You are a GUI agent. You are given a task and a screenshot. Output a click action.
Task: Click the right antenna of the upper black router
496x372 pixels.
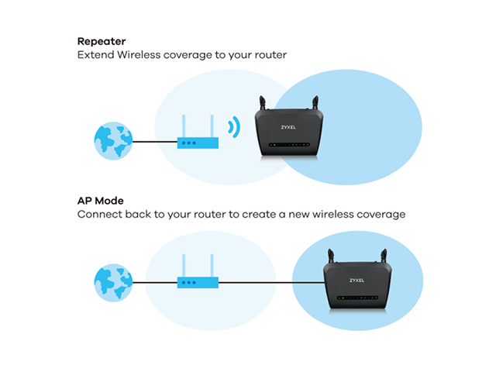click(x=316, y=105)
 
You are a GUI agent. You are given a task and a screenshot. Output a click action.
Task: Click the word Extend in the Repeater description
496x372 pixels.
click(x=95, y=56)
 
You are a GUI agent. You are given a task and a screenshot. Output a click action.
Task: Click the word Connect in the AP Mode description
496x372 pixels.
click(x=99, y=214)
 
